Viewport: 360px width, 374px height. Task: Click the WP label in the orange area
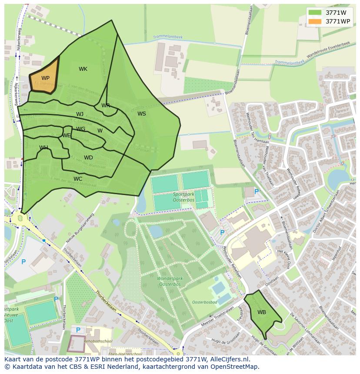point(45,78)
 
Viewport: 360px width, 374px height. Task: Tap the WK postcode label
point(83,69)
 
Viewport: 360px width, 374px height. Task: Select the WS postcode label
point(142,114)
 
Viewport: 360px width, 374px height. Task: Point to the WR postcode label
point(106,106)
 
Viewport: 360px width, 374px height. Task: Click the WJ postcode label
point(80,114)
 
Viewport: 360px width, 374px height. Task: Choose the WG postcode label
point(81,129)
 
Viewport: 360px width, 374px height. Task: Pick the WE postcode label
point(66,136)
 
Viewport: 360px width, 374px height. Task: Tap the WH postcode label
point(43,148)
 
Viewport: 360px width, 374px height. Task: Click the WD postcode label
point(88,158)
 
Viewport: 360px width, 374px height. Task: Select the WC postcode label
point(78,179)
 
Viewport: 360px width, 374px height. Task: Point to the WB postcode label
point(262,312)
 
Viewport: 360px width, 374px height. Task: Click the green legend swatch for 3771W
point(315,13)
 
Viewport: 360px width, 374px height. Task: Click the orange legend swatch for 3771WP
point(315,21)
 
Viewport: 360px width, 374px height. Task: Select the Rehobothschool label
point(99,341)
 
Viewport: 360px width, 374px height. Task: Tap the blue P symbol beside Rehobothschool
point(78,330)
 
